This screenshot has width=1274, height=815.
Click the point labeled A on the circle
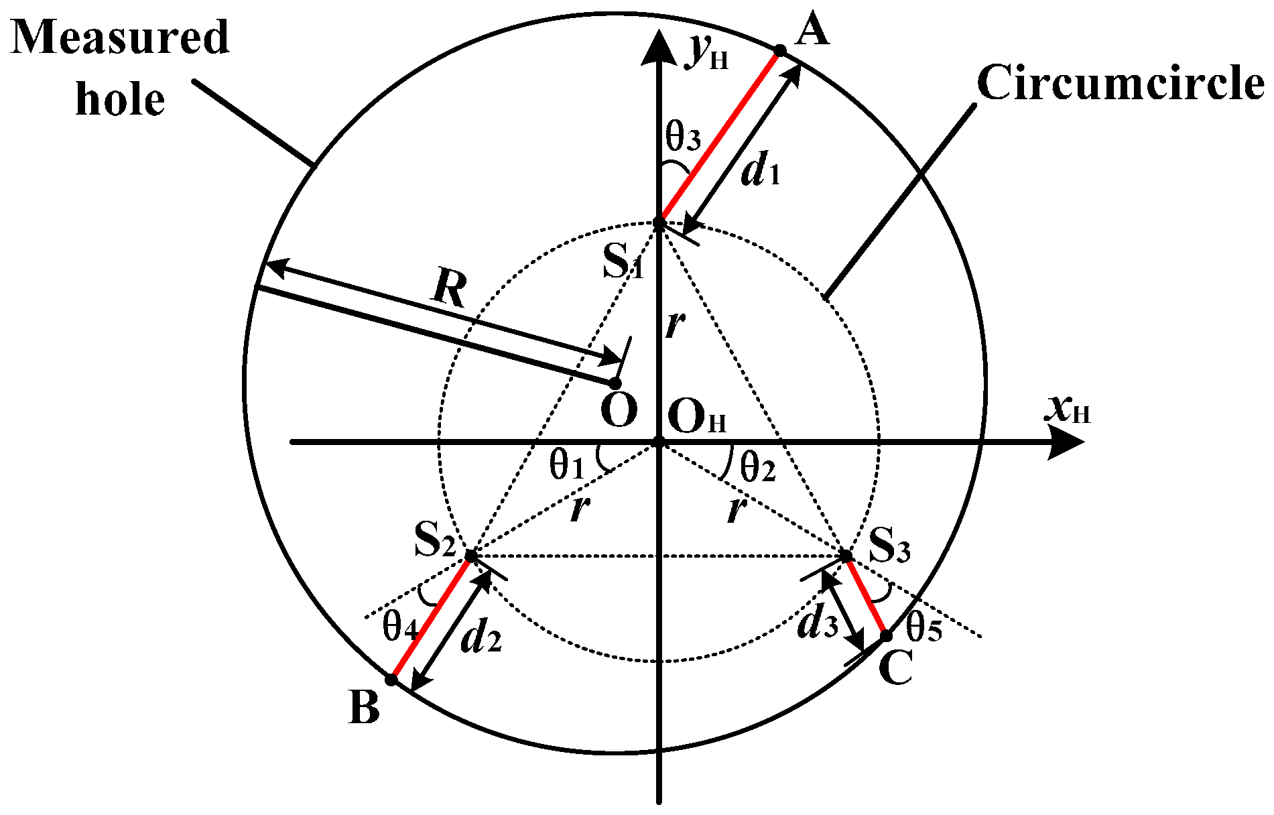[x=779, y=50]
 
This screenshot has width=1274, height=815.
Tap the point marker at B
[x=391, y=679]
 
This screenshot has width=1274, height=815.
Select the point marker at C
[x=886, y=635]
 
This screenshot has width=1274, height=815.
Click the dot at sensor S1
[x=659, y=222]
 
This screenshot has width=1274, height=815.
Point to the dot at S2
[x=471, y=556]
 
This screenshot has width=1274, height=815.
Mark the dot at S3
[x=846, y=556]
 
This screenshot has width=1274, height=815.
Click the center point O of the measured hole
[x=614, y=383]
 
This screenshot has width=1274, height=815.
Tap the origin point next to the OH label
[x=659, y=442]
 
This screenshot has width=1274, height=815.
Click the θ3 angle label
[x=683, y=137]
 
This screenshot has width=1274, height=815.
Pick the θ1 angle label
[x=567, y=465]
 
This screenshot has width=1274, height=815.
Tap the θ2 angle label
[x=758, y=467]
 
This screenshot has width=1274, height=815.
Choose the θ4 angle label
[x=401, y=627]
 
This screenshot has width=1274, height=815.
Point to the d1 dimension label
[x=761, y=172]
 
